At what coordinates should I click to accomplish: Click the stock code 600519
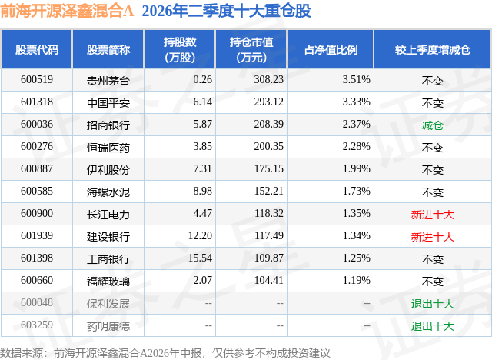pyautogui.click(x=37, y=79)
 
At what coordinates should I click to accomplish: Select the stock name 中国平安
pyautogui.click(x=108, y=102)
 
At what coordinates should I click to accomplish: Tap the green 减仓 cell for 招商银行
pyautogui.click(x=432, y=125)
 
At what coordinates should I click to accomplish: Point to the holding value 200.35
pyautogui.click(x=268, y=146)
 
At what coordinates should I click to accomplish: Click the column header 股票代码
pyautogui.click(x=37, y=49)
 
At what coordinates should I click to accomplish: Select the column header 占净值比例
pyautogui.click(x=331, y=49)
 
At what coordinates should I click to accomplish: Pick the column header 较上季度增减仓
pyautogui.click(x=432, y=49)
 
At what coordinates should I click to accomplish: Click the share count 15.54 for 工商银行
pyautogui.click(x=200, y=258)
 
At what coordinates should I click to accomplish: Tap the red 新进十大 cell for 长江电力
pyautogui.click(x=432, y=215)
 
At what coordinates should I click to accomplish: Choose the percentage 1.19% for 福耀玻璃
pyautogui.click(x=357, y=280)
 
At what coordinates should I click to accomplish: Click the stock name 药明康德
pyautogui.click(x=108, y=326)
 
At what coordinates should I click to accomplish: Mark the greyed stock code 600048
pyautogui.click(x=37, y=302)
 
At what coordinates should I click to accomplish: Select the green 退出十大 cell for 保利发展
pyautogui.click(x=432, y=304)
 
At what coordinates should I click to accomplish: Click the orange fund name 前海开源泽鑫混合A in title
pyautogui.click(x=67, y=11)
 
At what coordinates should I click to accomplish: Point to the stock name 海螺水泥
pyautogui.click(x=108, y=192)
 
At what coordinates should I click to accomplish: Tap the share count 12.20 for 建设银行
pyautogui.click(x=200, y=235)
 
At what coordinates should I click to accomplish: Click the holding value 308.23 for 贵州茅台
pyautogui.click(x=268, y=79)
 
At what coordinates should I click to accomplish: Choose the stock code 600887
pyautogui.click(x=37, y=168)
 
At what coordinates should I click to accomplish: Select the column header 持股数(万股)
pyautogui.click(x=180, y=49)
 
